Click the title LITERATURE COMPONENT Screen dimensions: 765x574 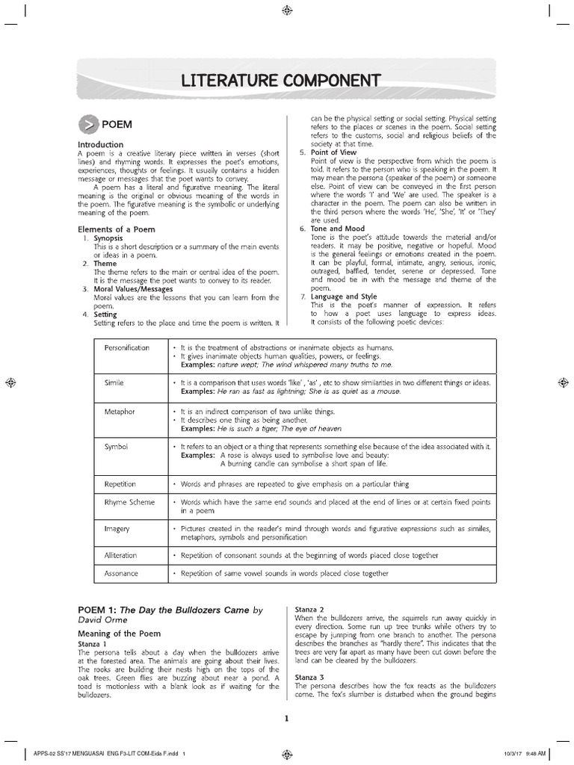(x=286, y=81)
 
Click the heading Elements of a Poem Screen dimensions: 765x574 (x=117, y=229)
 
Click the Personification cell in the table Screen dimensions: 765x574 (x=127, y=348)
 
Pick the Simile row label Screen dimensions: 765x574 (x=114, y=382)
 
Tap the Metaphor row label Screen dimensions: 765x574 (x=120, y=412)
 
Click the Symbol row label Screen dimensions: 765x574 (x=116, y=446)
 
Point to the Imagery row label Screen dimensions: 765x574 (x=117, y=529)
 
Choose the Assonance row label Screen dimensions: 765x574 (x=121, y=574)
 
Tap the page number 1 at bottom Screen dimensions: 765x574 (x=286, y=719)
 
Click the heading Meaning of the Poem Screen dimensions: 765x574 (x=119, y=633)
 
